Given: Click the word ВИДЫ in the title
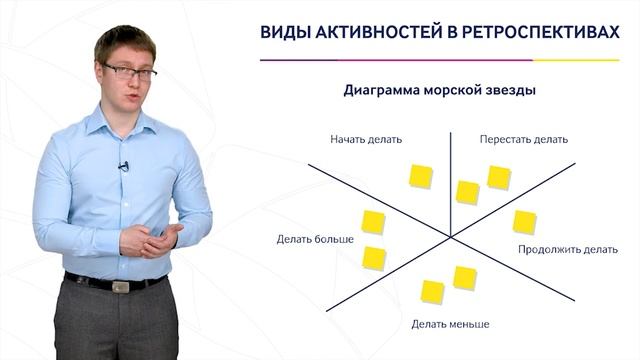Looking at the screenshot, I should pos(285,33).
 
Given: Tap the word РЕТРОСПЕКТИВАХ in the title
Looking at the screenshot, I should pos(542,33).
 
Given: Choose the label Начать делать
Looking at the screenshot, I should pos(366,139).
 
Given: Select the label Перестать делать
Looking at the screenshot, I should pos(523,139).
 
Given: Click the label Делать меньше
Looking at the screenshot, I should pos(450,324).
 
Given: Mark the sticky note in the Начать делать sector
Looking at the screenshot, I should pos(421,176).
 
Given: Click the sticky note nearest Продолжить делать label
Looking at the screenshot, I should pos(524,222).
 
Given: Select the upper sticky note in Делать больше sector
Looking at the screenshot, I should pos(373,222).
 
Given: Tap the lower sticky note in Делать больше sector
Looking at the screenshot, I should pos(373,257).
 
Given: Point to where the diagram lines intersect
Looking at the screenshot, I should pos(451,236).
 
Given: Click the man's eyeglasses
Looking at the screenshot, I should pos(130,72).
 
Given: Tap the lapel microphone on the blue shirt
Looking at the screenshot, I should pos(124,166).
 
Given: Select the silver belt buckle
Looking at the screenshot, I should pos(121,286).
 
